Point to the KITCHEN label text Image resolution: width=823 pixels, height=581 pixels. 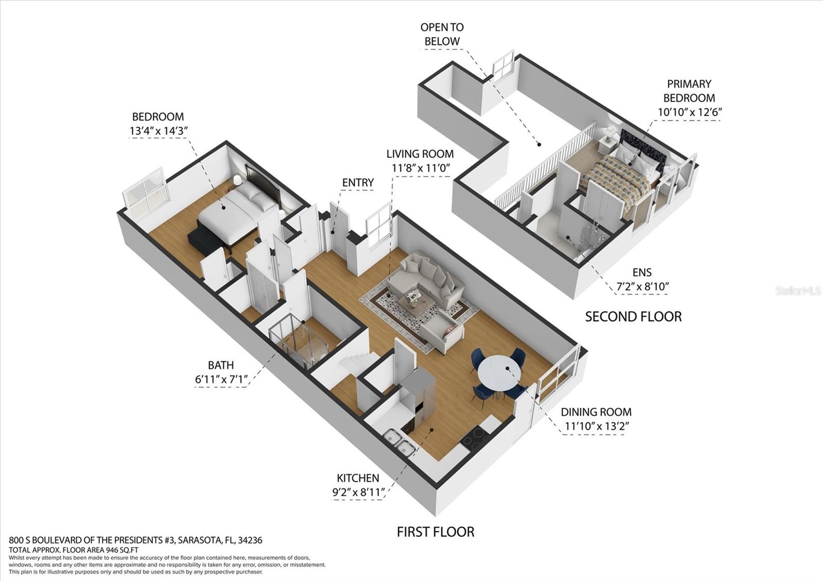[358, 478]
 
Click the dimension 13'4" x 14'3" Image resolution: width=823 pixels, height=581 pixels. [157, 131]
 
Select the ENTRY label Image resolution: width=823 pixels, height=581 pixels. [358, 183]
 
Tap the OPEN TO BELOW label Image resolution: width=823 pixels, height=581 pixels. [442, 34]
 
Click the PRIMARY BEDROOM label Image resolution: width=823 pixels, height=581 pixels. [689, 90]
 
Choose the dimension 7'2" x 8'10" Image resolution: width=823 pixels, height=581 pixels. [642, 286]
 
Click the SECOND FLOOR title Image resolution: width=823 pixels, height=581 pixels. [633, 316]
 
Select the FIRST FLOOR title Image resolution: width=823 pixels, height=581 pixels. [435, 532]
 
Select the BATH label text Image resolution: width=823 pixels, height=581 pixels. [221, 365]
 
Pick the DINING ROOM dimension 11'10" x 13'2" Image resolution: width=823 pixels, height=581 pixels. [597, 426]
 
